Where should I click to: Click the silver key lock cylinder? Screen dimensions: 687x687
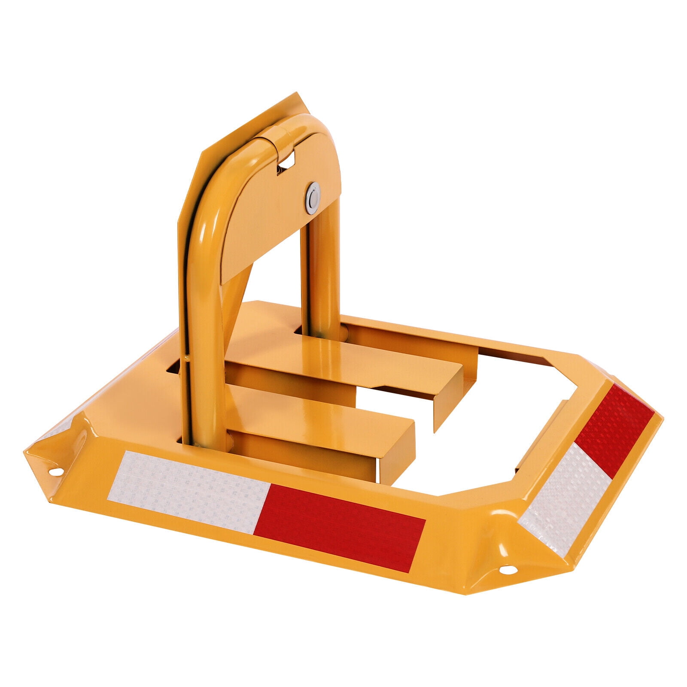(x=313, y=198)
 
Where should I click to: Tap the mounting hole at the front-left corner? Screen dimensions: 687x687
(x=55, y=472)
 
